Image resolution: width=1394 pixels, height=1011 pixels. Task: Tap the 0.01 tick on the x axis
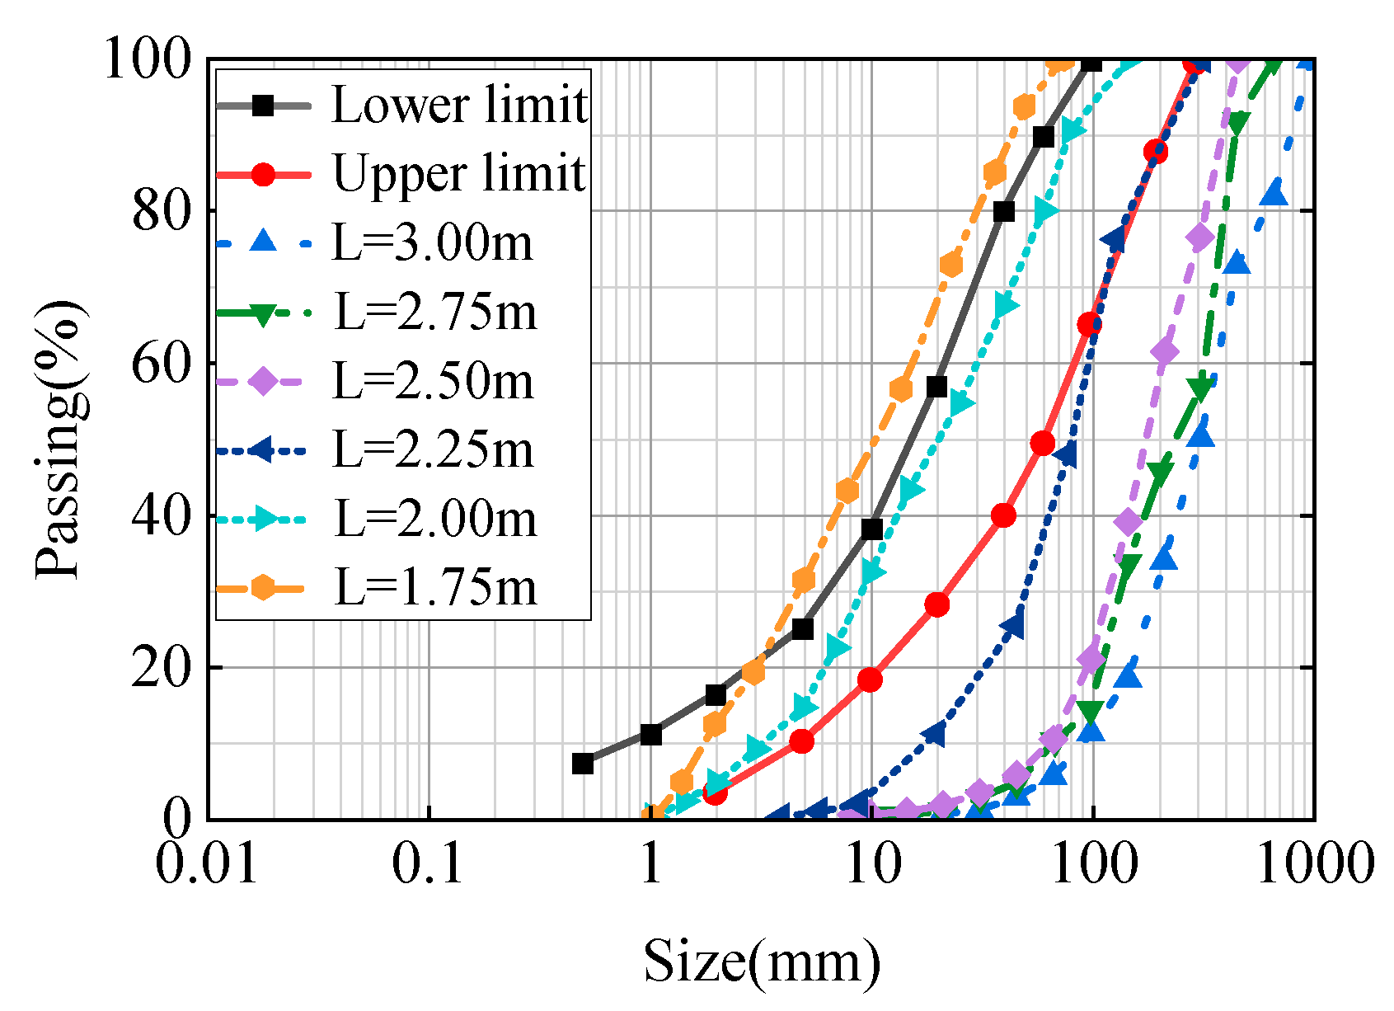point(208,864)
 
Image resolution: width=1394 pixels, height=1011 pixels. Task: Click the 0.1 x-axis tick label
point(429,864)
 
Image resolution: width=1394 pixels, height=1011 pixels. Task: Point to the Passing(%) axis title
point(59,440)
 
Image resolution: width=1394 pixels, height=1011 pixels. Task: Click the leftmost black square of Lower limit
point(583,764)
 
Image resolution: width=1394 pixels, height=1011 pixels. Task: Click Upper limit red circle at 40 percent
point(1003,516)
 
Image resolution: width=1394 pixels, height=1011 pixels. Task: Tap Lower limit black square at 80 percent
point(1003,212)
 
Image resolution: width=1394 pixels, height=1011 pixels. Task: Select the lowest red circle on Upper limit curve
point(716,793)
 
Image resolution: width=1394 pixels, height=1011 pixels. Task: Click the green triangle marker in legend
point(263,313)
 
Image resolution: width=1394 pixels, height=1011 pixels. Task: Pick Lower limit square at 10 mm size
point(871,529)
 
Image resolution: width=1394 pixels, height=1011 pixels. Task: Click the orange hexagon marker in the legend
point(263,588)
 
